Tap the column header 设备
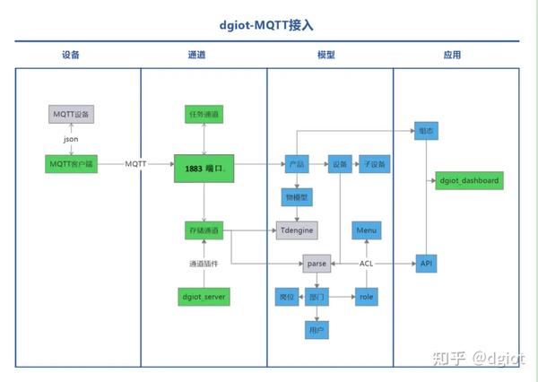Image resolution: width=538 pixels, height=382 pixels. (72, 55)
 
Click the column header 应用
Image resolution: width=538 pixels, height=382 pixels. (452, 55)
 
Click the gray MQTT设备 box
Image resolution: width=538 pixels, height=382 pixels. (71, 115)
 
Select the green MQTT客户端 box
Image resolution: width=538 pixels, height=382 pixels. (71, 164)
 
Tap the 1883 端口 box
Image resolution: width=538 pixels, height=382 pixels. (204, 168)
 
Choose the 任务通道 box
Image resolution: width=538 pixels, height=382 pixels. (204, 115)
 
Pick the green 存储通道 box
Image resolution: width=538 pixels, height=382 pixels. (204, 230)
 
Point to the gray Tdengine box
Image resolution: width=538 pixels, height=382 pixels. (297, 230)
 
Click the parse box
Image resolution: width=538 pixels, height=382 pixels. (317, 264)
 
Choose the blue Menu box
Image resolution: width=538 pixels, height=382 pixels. (366, 230)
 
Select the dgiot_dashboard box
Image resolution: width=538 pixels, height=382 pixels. (469, 181)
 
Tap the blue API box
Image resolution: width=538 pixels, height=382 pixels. (426, 264)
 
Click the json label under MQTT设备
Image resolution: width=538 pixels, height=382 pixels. (71, 140)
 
